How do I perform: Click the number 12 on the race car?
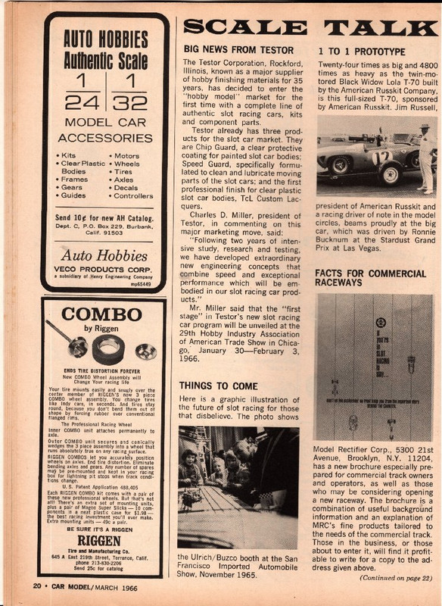tap(382, 157)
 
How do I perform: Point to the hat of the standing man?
tap(425, 127)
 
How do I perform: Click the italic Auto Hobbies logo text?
tap(104, 255)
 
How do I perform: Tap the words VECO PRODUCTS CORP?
tap(103, 270)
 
